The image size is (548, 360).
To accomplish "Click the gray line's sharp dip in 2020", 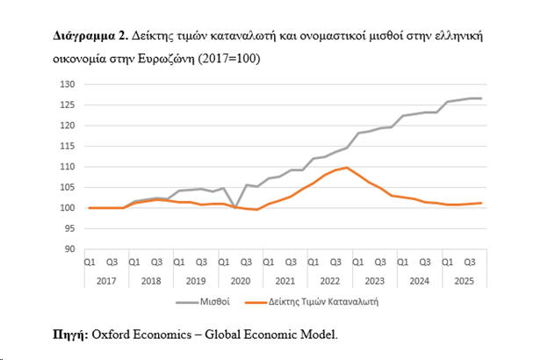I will click(x=234, y=207).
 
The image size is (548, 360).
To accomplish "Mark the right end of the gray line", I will click(x=482, y=98).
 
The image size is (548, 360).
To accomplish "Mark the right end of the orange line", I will click(x=482, y=203).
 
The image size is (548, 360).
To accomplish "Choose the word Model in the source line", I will click(x=317, y=335).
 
